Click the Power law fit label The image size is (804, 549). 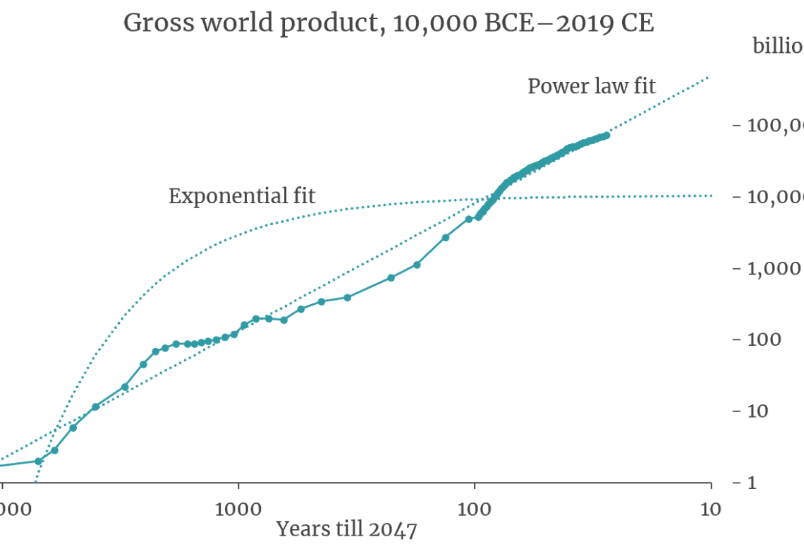pyautogui.click(x=592, y=86)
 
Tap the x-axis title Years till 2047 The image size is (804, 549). pyautogui.click(x=346, y=529)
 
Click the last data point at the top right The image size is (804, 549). pyautogui.click(x=607, y=135)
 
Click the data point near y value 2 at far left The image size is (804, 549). pyautogui.click(x=39, y=461)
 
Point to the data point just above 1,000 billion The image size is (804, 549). pyautogui.click(x=417, y=265)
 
